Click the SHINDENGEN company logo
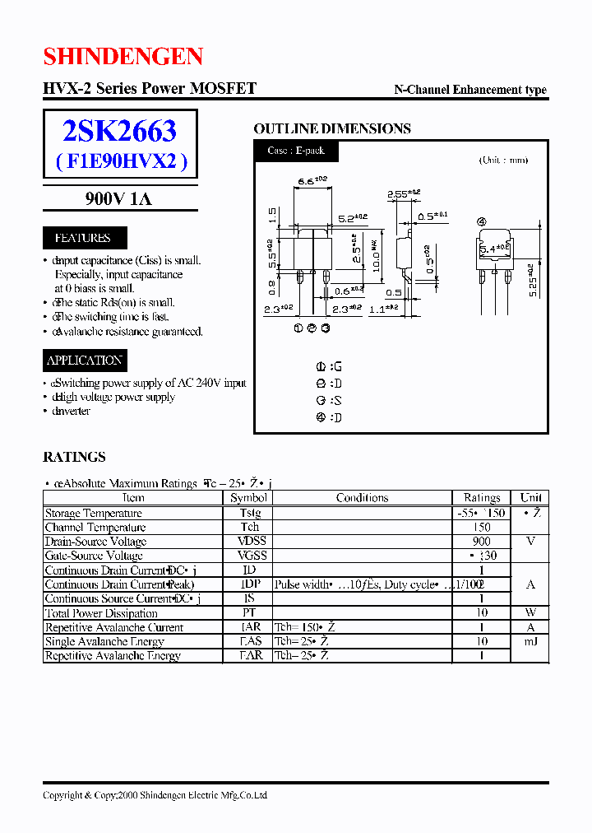pos(123,56)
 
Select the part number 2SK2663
pos(119,131)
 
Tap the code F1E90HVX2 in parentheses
pos(122,161)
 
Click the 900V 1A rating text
pos(118,198)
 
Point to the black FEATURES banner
pos(82,238)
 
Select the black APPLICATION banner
pos(85,360)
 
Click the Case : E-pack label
pos(295,151)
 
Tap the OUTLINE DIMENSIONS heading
pos(331,128)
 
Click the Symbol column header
pos(249,497)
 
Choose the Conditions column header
pos(362,497)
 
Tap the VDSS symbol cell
pos(249,541)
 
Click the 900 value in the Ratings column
pos(482,541)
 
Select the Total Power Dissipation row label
pos(101,612)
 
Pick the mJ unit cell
pos(530,641)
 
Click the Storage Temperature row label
pos(95,512)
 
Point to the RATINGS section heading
pos(74,457)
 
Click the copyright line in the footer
pos(155,795)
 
